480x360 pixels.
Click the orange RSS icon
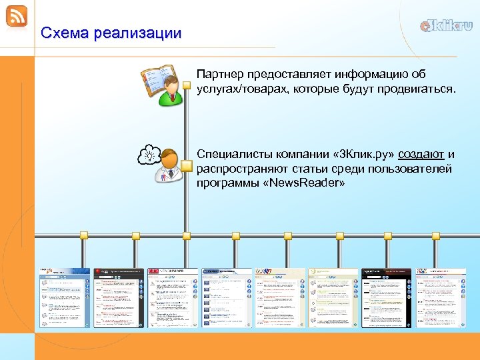(x=17, y=16)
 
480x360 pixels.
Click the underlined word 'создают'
(x=421, y=155)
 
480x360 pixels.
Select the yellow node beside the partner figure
(x=187, y=85)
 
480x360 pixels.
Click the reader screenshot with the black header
(x=386, y=297)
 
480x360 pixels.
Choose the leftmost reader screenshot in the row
(x=64, y=297)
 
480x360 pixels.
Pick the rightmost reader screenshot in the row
(x=441, y=297)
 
